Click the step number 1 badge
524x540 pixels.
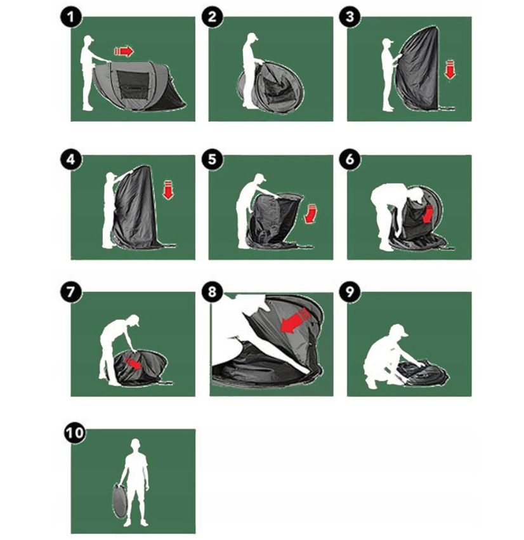71,17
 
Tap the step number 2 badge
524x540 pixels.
212,17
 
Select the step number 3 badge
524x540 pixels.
350,17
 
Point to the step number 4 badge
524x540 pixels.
71,159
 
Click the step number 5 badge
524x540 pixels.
212,159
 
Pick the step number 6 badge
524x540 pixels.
350,159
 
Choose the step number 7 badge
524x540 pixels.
71,293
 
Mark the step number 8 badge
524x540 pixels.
212,293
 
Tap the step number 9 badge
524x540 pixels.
350,293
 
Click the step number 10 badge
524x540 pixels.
75,433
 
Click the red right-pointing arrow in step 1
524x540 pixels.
124,51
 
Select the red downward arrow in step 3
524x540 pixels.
450,69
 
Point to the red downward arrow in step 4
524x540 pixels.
168,190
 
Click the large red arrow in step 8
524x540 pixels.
296,321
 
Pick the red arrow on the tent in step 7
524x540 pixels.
133,364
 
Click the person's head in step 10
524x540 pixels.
136,445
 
